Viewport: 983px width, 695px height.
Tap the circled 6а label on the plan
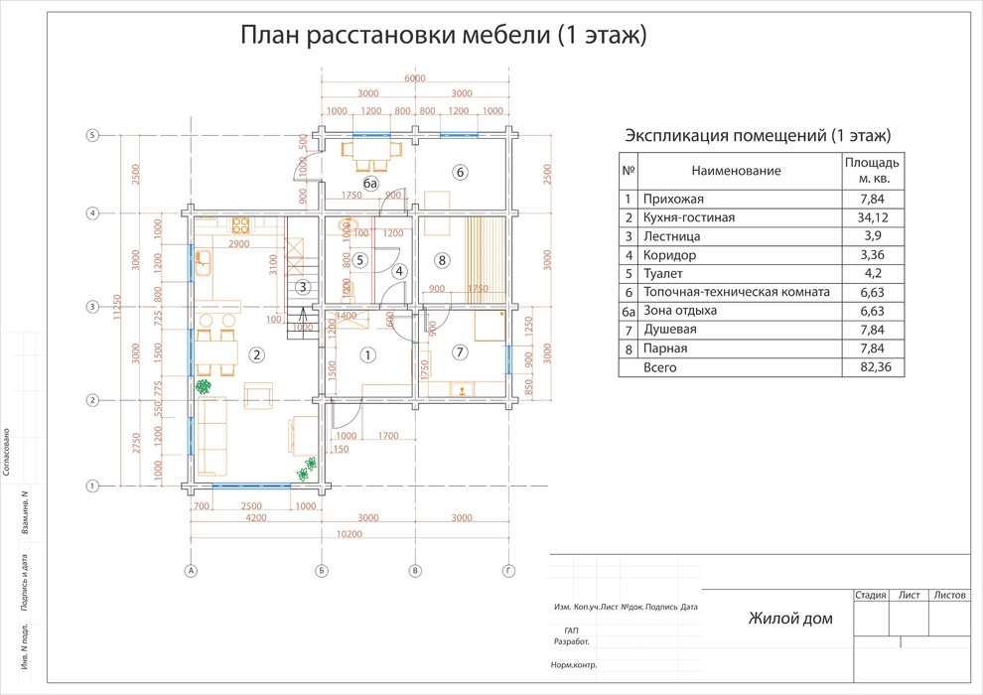click(369, 184)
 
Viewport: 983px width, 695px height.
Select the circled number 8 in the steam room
click(442, 260)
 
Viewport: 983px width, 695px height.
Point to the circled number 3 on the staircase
click(302, 288)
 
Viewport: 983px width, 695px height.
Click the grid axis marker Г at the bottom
click(508, 571)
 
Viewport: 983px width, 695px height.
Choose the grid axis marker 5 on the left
click(91, 136)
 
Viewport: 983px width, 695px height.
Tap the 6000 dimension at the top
click(414, 78)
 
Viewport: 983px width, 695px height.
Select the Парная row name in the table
click(664, 348)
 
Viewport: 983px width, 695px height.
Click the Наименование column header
click(736, 171)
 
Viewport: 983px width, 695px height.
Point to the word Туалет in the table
click(663, 274)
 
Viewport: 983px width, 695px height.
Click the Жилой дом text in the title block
click(790, 620)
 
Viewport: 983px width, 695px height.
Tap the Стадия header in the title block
click(870, 596)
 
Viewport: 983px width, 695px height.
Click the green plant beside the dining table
click(203, 386)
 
